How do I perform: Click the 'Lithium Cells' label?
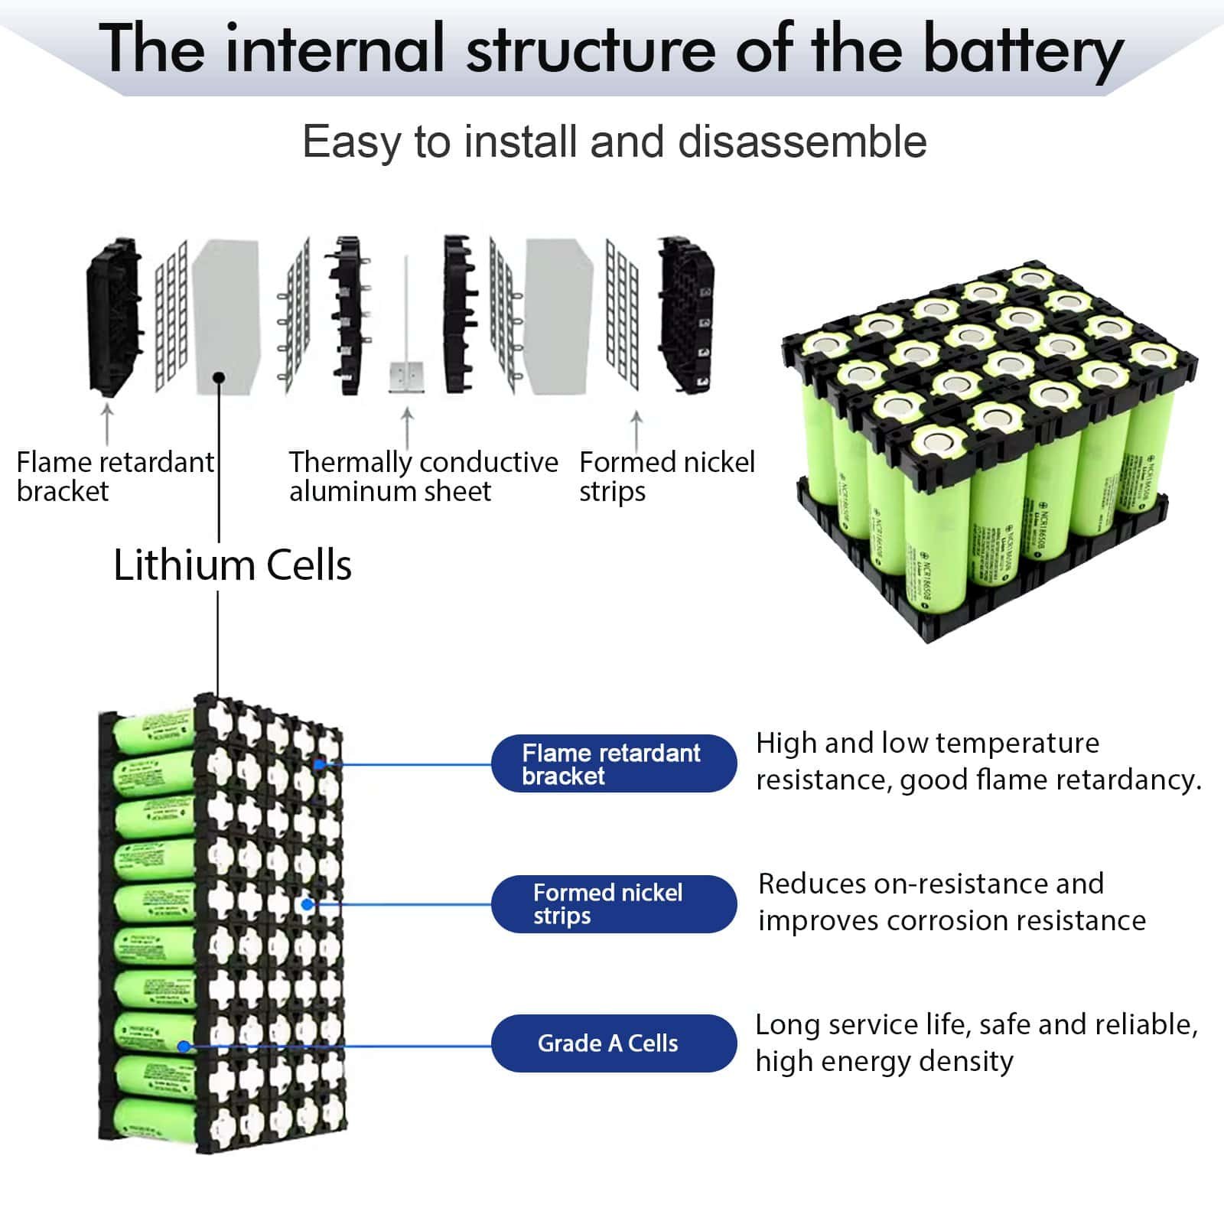pos(232,566)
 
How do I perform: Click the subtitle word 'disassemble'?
pos(802,142)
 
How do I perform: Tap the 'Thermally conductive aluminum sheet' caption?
pos(423,476)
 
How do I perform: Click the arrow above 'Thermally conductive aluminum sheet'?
pos(407,428)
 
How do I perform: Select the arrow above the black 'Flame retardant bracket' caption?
pos(107,425)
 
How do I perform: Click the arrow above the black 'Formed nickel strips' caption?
pos(636,431)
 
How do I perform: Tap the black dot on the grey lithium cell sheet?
pos(219,377)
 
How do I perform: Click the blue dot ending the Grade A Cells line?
pos(184,1047)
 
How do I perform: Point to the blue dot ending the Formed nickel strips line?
pos(308,904)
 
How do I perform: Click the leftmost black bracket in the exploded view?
pos(113,317)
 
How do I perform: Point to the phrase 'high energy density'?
pos(884,1062)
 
